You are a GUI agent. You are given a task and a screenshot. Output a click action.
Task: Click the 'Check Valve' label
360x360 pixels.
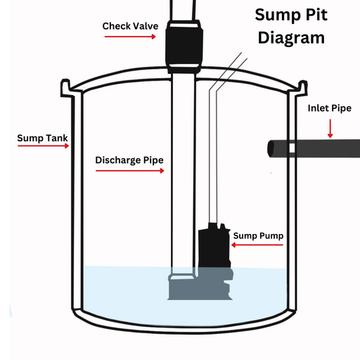pos(130,26)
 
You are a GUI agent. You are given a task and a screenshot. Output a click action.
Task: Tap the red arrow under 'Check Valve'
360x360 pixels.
pos(130,37)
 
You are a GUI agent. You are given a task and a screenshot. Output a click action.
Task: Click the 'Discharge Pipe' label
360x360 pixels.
pos(129,160)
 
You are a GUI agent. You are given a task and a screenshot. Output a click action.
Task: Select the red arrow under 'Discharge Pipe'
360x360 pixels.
pos(129,170)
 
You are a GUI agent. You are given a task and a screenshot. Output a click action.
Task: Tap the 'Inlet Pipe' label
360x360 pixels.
pos(329,108)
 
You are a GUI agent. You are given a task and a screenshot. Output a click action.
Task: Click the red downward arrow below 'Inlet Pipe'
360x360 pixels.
pos(329,128)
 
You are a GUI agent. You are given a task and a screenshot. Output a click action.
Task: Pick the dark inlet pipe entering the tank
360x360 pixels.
pos(309,148)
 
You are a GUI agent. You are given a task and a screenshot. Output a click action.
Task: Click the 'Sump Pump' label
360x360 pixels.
pos(258,236)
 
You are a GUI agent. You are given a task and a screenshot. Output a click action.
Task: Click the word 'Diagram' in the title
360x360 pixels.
pos(291,37)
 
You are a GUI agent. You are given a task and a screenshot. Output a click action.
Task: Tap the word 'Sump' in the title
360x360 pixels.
pos(276,15)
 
